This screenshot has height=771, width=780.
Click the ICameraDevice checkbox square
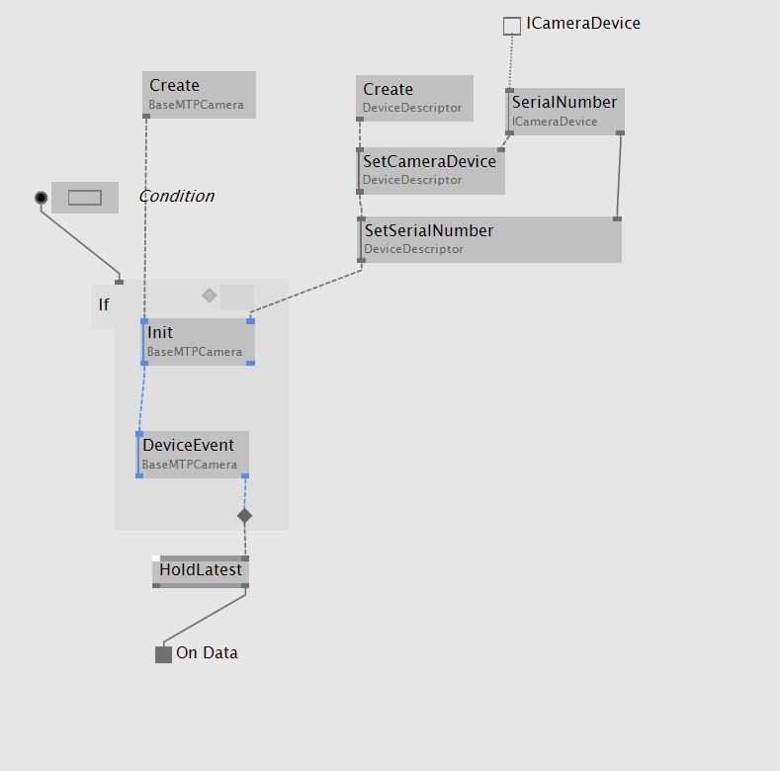511,26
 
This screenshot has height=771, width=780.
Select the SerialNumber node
565,111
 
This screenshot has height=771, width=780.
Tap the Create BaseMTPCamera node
200,94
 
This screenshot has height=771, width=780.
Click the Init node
199,341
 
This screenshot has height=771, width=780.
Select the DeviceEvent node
194,454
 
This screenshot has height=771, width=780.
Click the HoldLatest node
201,570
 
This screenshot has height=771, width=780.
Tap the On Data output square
164,654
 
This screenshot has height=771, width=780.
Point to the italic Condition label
176,196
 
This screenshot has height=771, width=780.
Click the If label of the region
104,304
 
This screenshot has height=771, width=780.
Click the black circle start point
41,198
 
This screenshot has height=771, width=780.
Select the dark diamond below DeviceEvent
245,516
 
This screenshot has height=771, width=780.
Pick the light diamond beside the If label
210,295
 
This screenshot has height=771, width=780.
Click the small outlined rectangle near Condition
85,198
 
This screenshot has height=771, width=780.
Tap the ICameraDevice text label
583,24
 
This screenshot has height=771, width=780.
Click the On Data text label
207,653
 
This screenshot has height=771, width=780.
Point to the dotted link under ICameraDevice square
511,61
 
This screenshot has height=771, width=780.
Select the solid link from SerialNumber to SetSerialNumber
619,175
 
